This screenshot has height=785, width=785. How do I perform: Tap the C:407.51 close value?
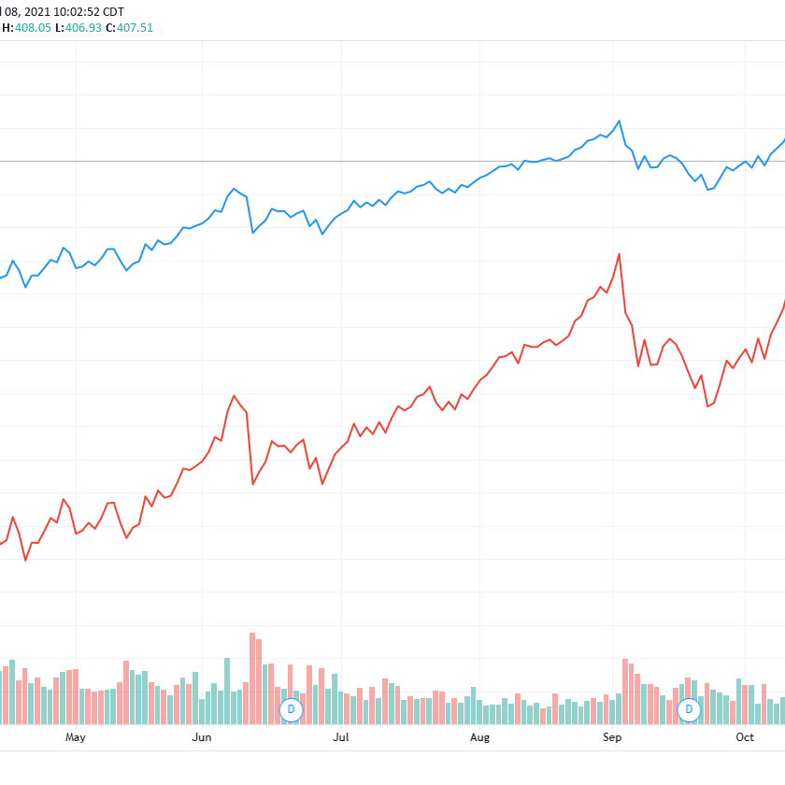pyautogui.click(x=130, y=28)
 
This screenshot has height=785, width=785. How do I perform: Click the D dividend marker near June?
pyautogui.click(x=291, y=709)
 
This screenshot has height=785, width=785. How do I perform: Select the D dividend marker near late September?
pyautogui.click(x=690, y=709)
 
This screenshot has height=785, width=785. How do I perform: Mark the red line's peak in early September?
pyautogui.click(x=619, y=254)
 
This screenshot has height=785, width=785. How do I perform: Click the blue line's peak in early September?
pyautogui.click(x=619, y=121)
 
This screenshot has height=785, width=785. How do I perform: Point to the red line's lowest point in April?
pyautogui.click(x=25, y=560)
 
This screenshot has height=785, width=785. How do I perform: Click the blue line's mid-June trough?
pyautogui.click(x=253, y=233)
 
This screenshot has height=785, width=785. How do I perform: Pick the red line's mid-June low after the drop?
pyautogui.click(x=253, y=484)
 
